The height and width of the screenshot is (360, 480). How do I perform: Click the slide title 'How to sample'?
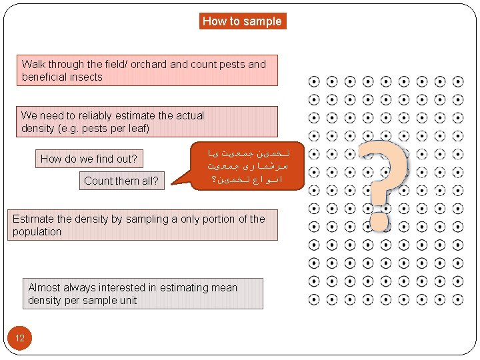pos(242,21)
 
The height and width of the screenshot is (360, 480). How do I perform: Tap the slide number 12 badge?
pos(19,338)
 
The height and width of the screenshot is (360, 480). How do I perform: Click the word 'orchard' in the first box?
pos(149,65)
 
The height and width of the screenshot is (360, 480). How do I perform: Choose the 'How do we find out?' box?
pos(89,159)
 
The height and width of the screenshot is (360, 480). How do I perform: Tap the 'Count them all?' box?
pos(121,181)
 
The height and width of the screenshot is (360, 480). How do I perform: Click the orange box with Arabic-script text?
pos(247,166)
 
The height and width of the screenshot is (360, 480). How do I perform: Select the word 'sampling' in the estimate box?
pos(143,219)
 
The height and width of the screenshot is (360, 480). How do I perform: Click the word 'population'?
pos(37,232)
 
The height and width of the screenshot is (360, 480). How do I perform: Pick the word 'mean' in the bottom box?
pos(223,288)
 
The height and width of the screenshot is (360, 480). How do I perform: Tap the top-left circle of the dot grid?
pos(314,82)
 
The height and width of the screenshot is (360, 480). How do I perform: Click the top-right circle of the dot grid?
pos(457,82)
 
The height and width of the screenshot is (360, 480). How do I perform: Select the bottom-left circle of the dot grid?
pos(314,299)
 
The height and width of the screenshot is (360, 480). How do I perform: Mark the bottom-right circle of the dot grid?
pos(457,299)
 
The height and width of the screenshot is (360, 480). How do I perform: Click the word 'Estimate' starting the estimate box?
pos(35,219)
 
